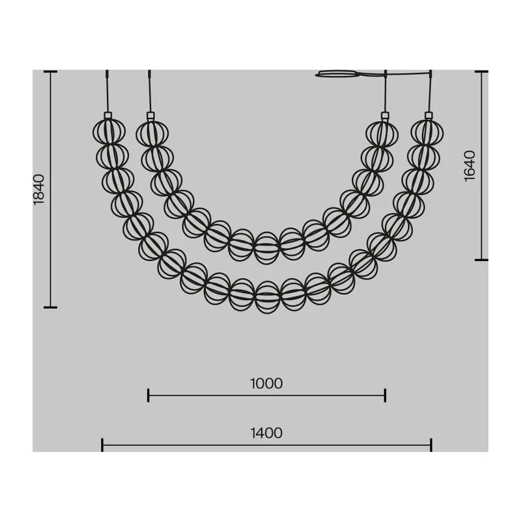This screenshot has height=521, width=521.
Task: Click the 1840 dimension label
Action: pos(39,190)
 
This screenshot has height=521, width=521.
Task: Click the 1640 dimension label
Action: pos(470,166)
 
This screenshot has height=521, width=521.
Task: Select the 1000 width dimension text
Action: pos(266,384)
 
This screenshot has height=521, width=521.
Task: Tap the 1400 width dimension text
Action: pos(266,433)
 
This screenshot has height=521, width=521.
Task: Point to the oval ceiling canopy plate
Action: pos(337,74)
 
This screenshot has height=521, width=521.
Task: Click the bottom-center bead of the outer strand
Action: pos(268,298)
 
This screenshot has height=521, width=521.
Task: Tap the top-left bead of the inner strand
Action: pos(152,134)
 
